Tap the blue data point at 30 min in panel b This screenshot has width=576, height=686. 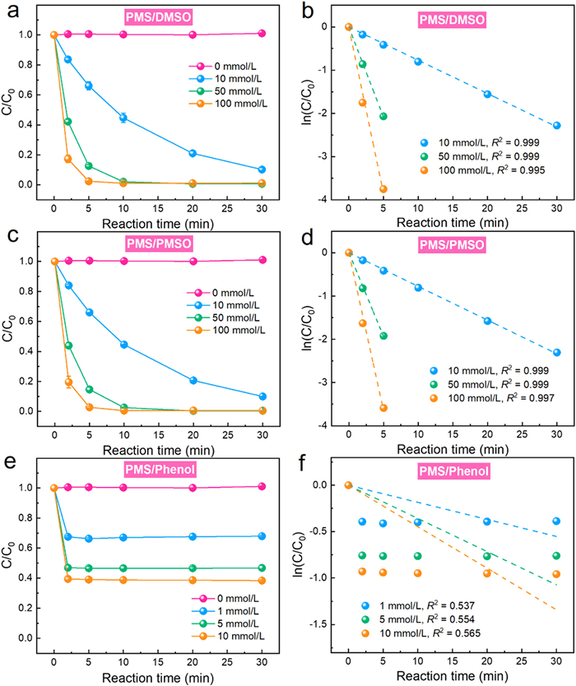(556, 126)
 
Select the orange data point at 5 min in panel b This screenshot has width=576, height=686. (383, 189)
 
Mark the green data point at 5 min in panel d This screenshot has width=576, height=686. (383, 336)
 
